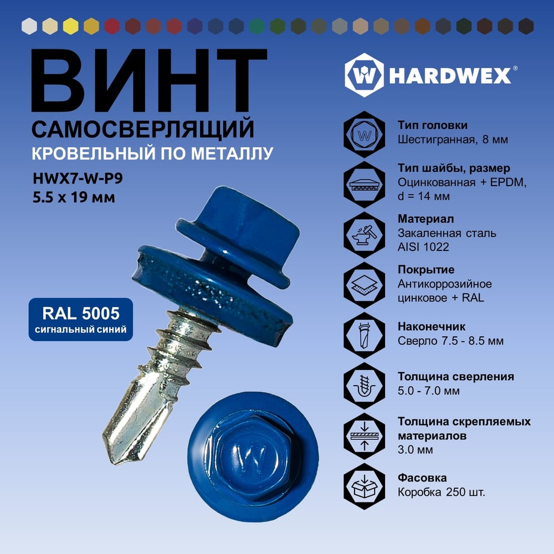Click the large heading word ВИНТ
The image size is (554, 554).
coord(148,80)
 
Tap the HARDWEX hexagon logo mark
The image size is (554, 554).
coord(365,75)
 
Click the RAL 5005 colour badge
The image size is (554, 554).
coord(81,320)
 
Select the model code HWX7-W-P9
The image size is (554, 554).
coord(78,178)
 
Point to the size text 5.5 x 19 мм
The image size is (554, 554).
coord(74,197)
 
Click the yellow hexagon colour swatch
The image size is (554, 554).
coord(71,26)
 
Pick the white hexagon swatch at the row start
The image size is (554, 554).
coord(29,26)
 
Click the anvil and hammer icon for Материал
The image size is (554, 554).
coord(365,234)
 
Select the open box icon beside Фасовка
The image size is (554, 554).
coord(365,486)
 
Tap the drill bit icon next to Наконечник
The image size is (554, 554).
coord(365,335)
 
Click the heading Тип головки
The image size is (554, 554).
coord(433,125)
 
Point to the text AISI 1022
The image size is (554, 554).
coord(423,247)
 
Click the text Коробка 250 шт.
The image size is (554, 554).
coord(442,492)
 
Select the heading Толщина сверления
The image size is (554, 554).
coord(456,377)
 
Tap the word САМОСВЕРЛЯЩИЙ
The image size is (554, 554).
coord(143,129)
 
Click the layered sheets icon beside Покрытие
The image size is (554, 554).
coord(365,285)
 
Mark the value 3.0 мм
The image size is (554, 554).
coord(415,450)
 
